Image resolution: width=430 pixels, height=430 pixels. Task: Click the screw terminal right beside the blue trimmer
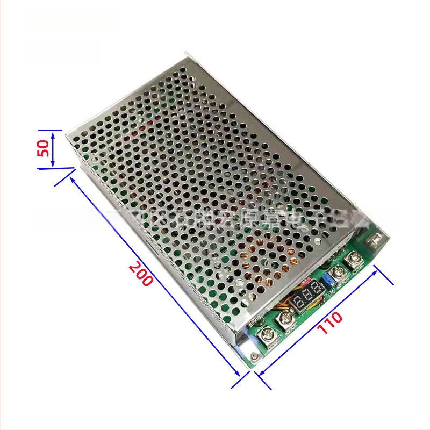tap(338, 274)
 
